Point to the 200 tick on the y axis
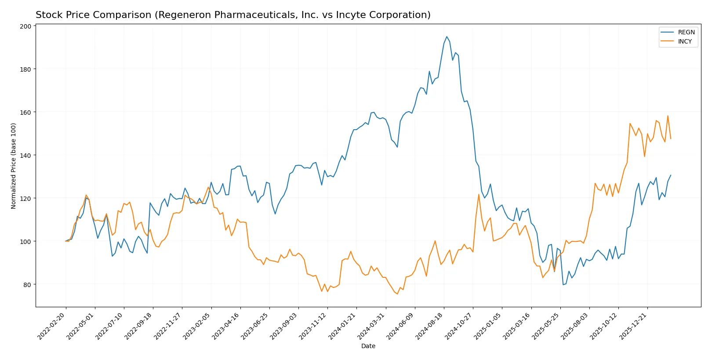point(25,26)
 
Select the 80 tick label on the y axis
point(27,285)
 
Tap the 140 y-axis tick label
point(25,156)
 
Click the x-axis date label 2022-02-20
point(52,326)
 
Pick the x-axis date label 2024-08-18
point(430,326)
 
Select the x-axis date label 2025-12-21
point(633,326)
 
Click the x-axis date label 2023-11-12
point(313,326)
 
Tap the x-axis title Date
point(368,346)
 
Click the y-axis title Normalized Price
point(14,166)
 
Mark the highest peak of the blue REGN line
point(447,36)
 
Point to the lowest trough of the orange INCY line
point(397,294)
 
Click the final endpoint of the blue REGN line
point(671,175)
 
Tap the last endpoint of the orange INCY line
point(671,139)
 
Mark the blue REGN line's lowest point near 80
point(563,284)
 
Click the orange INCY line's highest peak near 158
point(668,116)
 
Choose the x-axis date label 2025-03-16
point(517,326)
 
